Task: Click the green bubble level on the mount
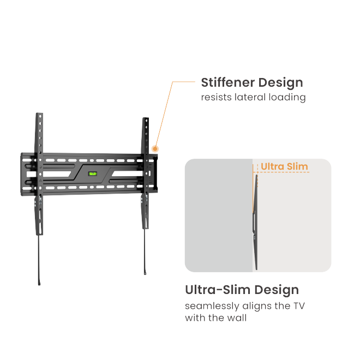click(93, 175)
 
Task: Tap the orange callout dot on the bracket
click(155, 148)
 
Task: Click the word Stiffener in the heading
click(227, 83)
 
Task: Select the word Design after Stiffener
click(280, 83)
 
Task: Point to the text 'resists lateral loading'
click(253, 98)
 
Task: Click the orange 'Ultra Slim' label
click(284, 166)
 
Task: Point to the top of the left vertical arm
click(39, 115)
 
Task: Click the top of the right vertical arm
click(145, 119)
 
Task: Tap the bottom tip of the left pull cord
click(39, 283)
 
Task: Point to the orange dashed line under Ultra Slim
click(284, 173)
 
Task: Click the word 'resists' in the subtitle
click(216, 98)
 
